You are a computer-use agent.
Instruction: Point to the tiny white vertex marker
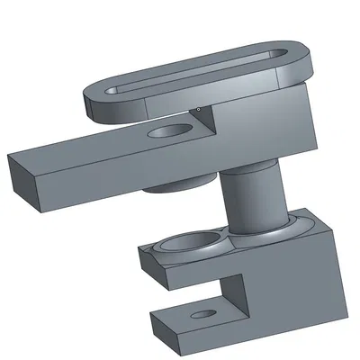point(197,110)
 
